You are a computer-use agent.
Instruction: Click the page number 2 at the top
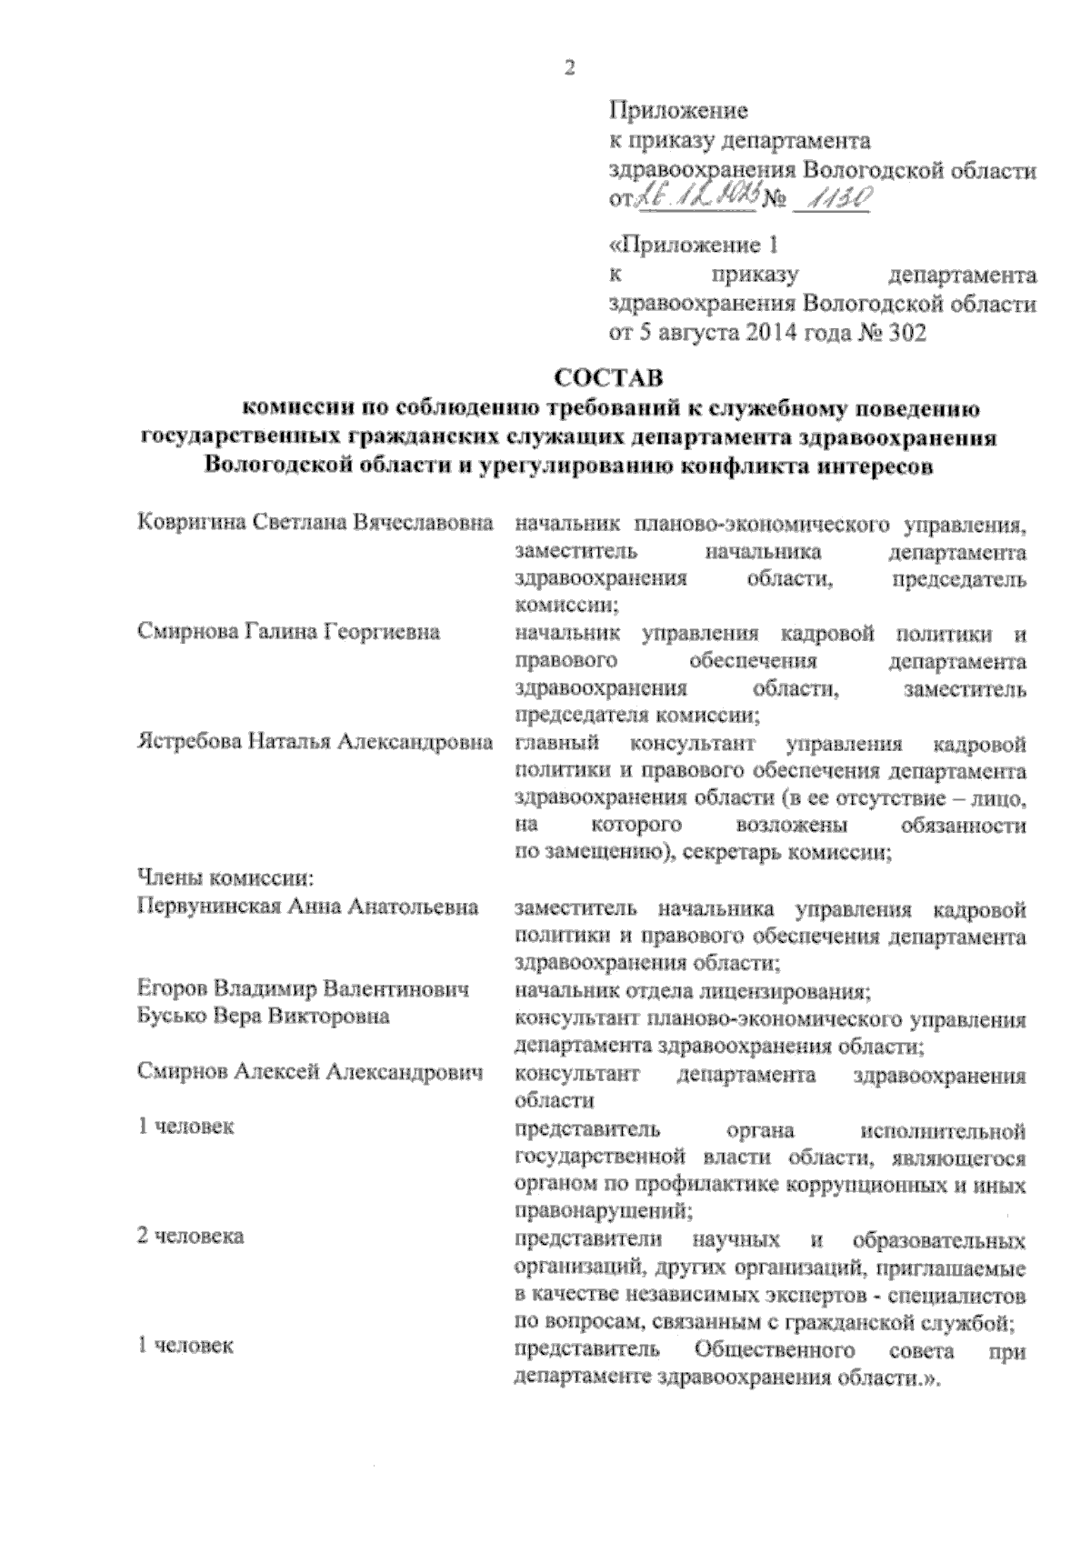(x=570, y=67)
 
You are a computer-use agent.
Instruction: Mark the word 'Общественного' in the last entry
(x=774, y=1348)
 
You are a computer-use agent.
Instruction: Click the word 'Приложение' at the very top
(x=677, y=112)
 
